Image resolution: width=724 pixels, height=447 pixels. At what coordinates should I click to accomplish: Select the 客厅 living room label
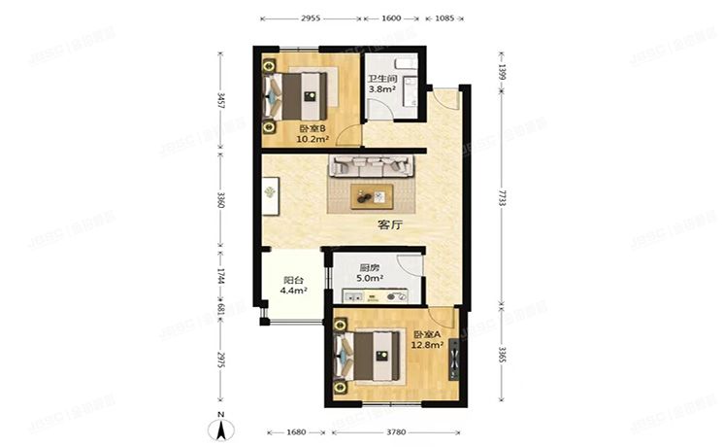[x=390, y=224]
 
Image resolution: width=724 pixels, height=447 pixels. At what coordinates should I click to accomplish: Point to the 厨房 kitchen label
[x=370, y=268]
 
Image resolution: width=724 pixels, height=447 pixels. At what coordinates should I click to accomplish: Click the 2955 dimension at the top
[x=311, y=18]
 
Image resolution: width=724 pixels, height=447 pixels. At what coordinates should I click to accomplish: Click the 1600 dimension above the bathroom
[x=392, y=18]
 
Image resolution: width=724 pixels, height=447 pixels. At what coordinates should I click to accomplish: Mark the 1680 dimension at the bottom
[x=297, y=432]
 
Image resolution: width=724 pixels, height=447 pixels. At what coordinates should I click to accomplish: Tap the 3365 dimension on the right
[x=502, y=353]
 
